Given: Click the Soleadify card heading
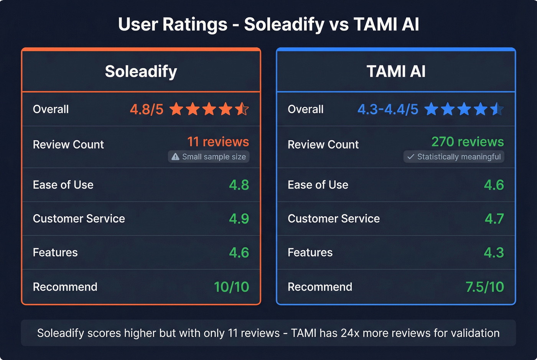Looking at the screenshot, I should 141,72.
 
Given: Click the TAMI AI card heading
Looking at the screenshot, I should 396,72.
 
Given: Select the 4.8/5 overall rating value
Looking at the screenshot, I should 147,109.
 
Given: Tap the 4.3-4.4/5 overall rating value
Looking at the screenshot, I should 388,109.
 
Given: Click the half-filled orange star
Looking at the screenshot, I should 242,109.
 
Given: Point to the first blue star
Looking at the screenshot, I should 432,109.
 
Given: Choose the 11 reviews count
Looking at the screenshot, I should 218,142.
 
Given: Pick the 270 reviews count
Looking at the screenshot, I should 468,142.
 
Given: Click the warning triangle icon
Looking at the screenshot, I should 175,156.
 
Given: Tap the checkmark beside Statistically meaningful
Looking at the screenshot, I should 410,156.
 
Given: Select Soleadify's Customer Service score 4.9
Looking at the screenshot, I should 239,219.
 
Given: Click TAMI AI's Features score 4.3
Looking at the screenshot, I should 494,253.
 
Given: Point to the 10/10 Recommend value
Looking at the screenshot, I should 231,287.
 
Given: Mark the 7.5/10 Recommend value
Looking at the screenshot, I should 484,287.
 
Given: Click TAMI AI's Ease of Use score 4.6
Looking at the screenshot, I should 494,185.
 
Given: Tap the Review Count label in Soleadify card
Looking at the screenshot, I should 68,145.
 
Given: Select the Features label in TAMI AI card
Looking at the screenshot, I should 310,253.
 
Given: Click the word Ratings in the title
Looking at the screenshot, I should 195,25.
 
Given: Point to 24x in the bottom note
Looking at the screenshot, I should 350,333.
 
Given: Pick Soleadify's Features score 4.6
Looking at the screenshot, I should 239,253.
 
